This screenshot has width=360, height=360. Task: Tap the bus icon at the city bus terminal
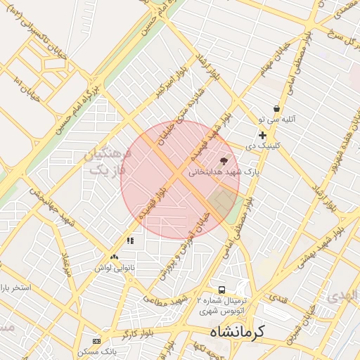(x=222, y=290)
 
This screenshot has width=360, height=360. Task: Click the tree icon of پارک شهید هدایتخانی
(x=224, y=161)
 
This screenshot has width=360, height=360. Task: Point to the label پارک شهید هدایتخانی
(x=224, y=171)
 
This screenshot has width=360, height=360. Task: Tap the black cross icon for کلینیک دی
(x=262, y=135)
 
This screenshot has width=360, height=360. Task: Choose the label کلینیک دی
(x=262, y=146)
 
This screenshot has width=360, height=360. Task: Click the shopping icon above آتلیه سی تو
(x=277, y=109)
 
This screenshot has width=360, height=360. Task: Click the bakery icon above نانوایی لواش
(x=114, y=257)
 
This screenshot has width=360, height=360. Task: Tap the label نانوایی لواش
(x=114, y=268)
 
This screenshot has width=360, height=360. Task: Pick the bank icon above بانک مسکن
(x=96, y=341)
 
